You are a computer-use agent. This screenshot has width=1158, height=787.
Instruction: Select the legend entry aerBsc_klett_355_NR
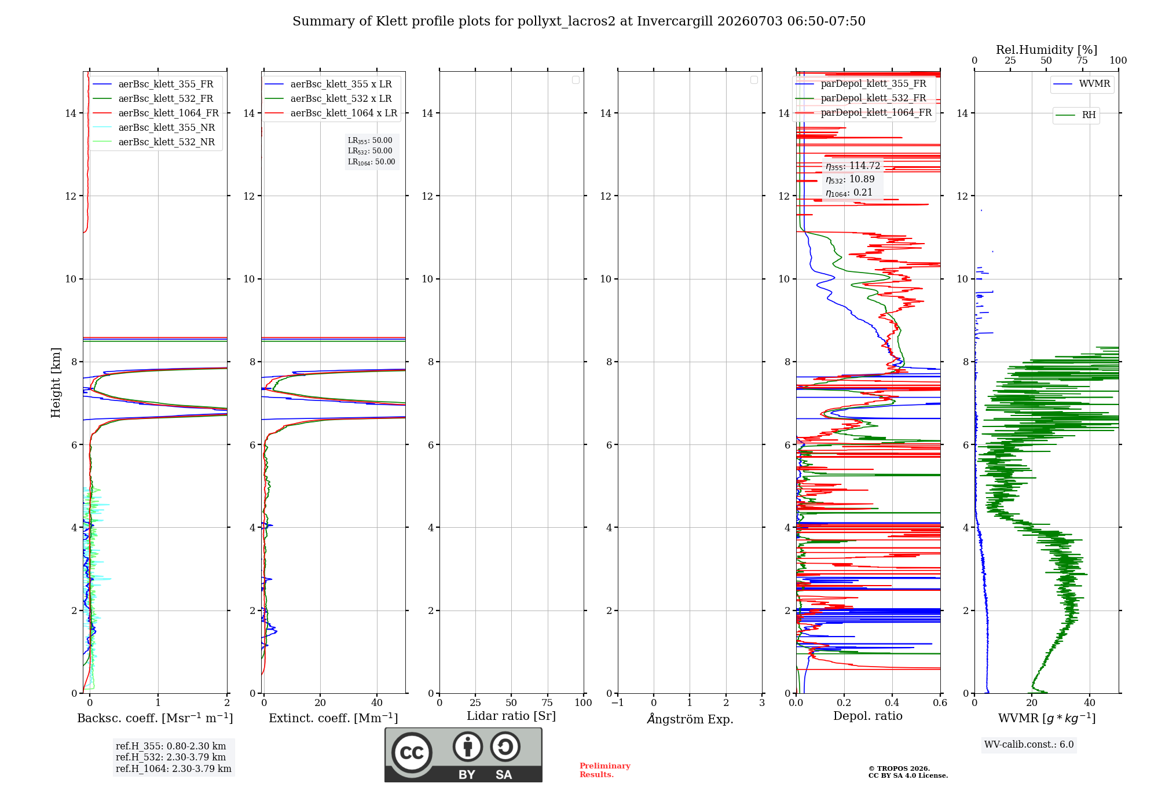(x=154, y=128)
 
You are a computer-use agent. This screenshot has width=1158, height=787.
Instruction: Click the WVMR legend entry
(x=1082, y=84)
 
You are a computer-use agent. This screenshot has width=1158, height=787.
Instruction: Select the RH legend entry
(x=1075, y=115)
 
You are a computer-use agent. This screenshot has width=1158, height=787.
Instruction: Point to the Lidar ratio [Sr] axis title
(x=511, y=716)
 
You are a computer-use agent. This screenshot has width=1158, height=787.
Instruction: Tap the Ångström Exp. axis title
(x=690, y=719)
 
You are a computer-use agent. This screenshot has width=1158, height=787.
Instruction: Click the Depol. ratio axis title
(x=868, y=716)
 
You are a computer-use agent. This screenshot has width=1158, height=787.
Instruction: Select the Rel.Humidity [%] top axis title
(x=1047, y=50)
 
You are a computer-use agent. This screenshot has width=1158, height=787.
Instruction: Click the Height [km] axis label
(x=56, y=383)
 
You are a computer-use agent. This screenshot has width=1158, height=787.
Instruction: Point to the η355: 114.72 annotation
(x=853, y=166)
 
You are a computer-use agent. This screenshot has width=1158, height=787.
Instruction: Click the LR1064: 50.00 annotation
(x=371, y=162)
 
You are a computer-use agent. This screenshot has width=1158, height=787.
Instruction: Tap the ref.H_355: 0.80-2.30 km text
(x=171, y=746)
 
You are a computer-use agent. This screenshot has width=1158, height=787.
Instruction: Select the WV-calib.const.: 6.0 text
(x=1029, y=745)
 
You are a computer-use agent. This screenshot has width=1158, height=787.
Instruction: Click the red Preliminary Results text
(x=605, y=770)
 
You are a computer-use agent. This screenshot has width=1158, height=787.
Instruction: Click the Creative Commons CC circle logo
(x=412, y=752)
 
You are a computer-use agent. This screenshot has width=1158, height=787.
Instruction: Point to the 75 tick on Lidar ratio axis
(x=547, y=703)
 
